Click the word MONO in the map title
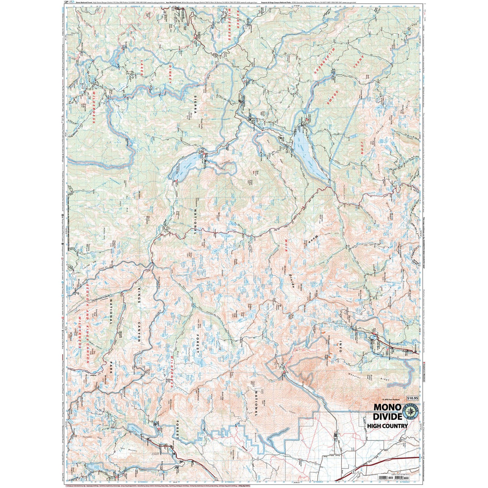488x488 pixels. pyautogui.click(x=387, y=407)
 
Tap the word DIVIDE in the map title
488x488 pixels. pyautogui.click(x=387, y=416)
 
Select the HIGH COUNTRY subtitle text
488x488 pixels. pyautogui.click(x=387, y=426)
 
